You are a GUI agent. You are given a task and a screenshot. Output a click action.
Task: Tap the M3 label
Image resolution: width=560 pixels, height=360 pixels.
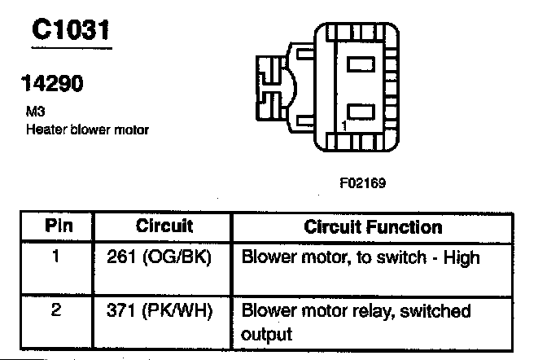click(x=34, y=115)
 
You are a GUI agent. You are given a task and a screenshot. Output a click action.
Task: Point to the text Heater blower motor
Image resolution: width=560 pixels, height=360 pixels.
click(x=87, y=130)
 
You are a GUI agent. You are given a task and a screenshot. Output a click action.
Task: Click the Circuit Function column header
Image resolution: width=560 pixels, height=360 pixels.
click(x=372, y=226)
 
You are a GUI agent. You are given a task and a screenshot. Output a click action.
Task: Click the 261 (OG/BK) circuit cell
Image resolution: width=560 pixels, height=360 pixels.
click(x=158, y=258)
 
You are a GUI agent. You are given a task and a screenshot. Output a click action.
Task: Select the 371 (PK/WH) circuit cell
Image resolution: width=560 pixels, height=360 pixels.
click(x=160, y=311)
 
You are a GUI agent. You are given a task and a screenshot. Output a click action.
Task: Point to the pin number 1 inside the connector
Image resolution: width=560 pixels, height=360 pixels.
click(x=344, y=126)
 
